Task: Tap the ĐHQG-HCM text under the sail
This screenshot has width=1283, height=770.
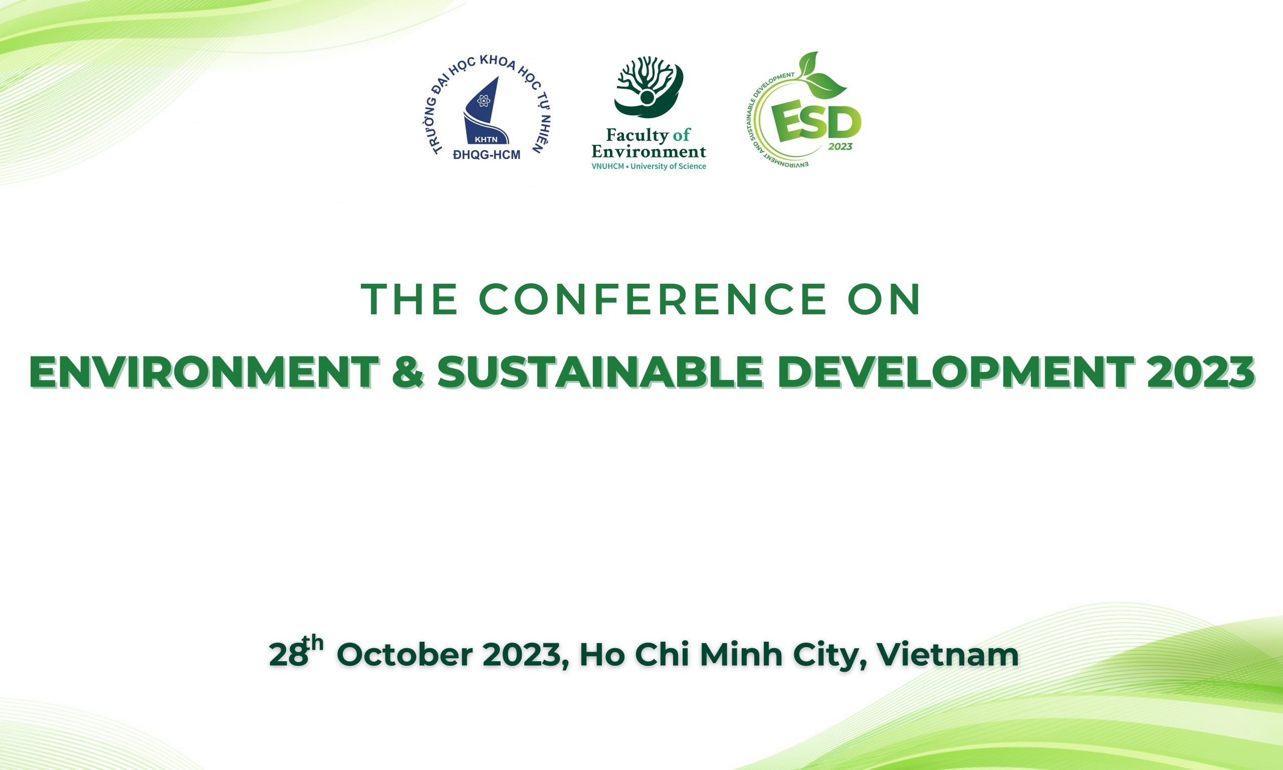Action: [487, 154]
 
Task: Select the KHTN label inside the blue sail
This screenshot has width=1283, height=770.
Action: [486, 139]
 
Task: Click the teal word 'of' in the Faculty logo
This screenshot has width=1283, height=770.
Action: [682, 135]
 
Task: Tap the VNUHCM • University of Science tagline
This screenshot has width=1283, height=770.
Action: [649, 166]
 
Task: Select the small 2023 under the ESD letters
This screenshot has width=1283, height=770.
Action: [840, 147]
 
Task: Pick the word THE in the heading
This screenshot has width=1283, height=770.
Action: [409, 299]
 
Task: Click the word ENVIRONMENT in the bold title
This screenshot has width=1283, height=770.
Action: [204, 372]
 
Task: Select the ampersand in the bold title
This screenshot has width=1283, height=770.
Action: [408, 372]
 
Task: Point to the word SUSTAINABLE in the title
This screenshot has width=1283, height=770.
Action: [600, 372]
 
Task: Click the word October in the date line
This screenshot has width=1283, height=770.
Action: [405, 655]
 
